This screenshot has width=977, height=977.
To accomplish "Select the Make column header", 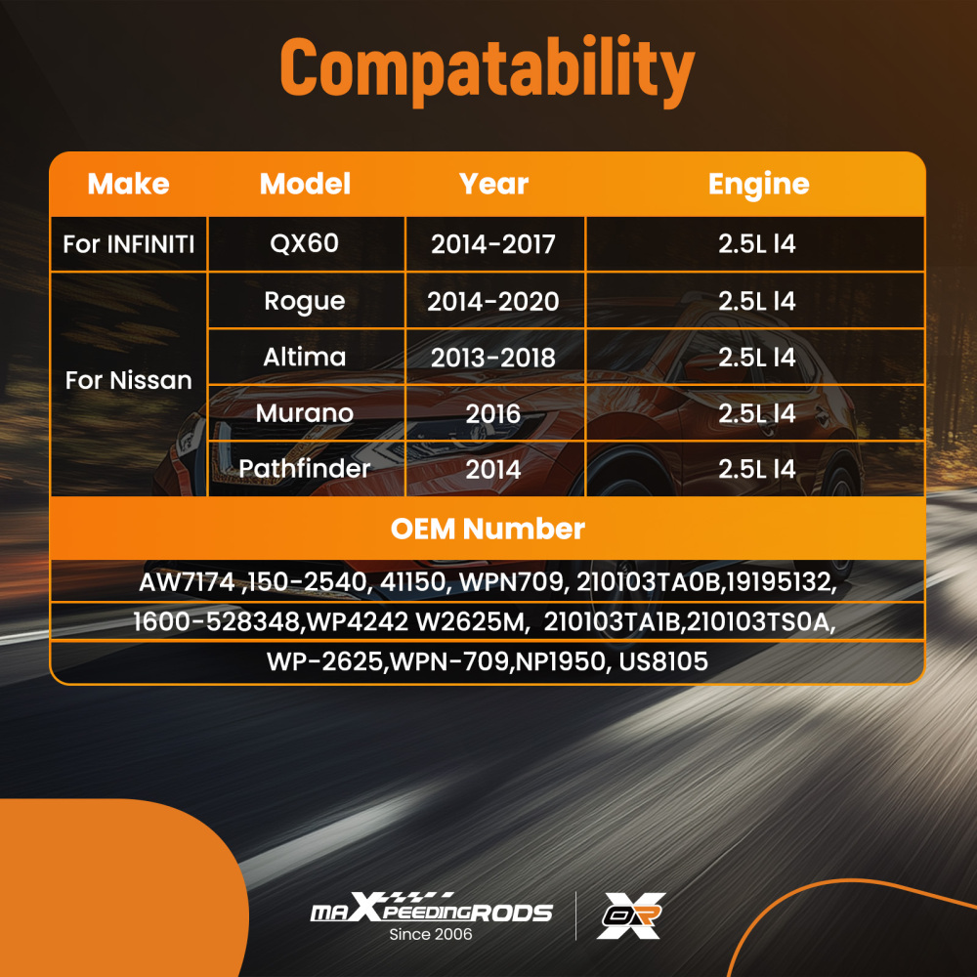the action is coord(128,184).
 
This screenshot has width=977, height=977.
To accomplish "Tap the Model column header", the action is coord(305,184).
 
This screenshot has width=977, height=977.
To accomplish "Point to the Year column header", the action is coord(493,184).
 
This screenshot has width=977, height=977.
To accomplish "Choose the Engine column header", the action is coord(758,185).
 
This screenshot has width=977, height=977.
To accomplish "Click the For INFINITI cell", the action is coord(128,244).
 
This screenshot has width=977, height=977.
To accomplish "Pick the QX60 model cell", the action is coord(305,243).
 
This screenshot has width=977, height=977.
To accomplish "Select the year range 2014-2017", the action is coord(492,244).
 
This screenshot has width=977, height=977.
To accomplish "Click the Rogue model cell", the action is coord(305,302).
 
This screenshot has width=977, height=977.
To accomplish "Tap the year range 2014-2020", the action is coord(492,302).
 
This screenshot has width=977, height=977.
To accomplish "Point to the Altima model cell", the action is coord(305,357).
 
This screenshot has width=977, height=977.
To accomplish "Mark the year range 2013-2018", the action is coord(492,358).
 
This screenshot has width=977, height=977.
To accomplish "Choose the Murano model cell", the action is coord(305,413).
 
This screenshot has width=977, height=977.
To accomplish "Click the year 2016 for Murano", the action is coord(492,413).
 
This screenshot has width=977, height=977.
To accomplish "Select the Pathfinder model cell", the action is coord(305,469).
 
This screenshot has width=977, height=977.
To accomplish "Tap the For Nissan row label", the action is coord(128,380).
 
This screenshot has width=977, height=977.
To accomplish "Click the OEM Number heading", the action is coord(488,529).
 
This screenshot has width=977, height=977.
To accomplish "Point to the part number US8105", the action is coord(663,661).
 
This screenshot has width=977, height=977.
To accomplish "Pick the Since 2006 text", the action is coord(431,934).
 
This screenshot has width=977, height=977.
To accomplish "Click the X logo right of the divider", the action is coord(630,915).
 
